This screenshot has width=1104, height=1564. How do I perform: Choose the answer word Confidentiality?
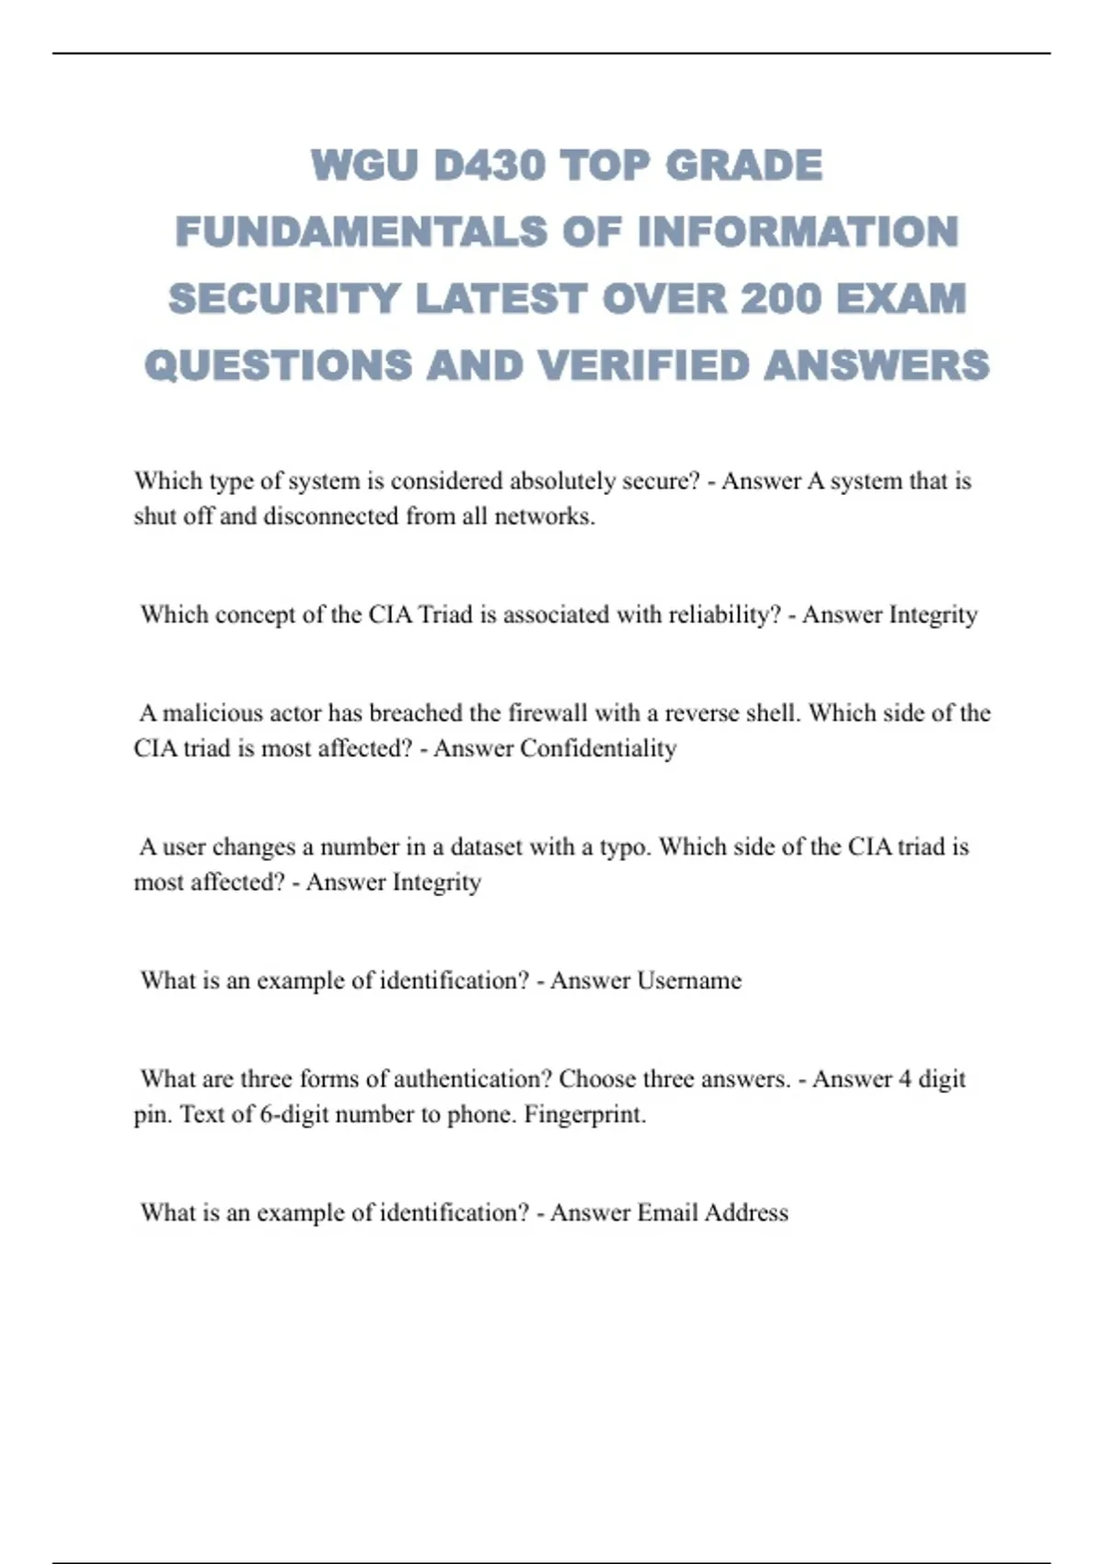pos(598,748)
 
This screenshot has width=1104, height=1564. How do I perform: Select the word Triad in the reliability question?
pos(445,615)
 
